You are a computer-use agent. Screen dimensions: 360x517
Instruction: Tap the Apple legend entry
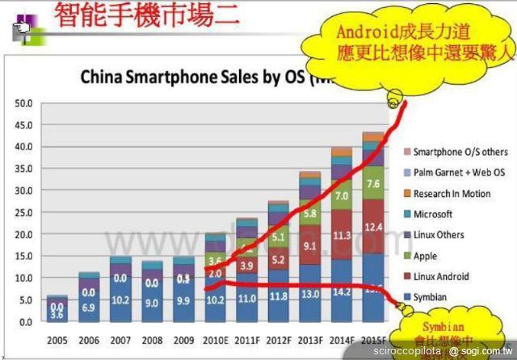[425, 256]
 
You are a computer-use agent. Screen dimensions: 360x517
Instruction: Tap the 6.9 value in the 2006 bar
[89, 308]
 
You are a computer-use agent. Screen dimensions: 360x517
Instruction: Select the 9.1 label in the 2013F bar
[310, 245]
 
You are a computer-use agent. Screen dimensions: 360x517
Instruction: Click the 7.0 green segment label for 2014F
[342, 195]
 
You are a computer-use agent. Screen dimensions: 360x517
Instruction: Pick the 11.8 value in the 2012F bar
[279, 296]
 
